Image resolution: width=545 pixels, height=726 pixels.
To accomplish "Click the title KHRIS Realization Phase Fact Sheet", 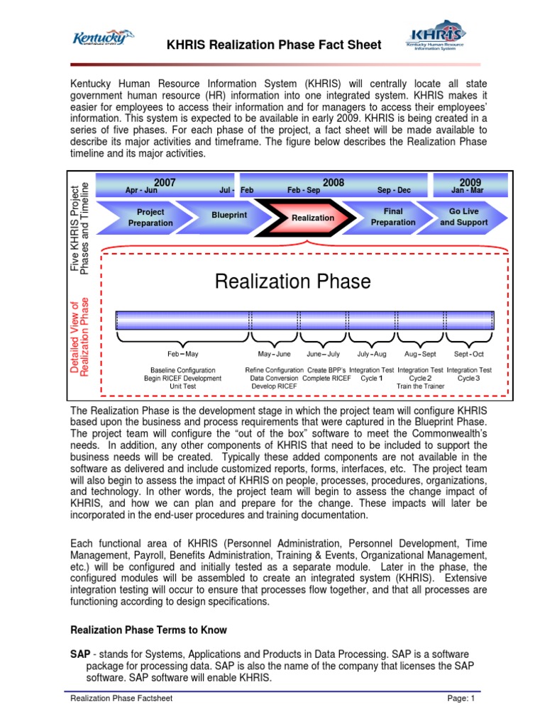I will (x=274, y=45).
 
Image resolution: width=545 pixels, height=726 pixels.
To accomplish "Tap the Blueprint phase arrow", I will (x=229, y=214).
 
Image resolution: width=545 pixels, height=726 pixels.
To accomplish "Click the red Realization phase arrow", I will (x=312, y=218).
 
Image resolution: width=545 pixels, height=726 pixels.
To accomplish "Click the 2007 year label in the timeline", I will (x=165, y=183).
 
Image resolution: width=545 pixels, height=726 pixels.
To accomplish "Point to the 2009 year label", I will (x=470, y=183).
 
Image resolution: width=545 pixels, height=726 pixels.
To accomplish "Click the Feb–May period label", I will (x=182, y=354).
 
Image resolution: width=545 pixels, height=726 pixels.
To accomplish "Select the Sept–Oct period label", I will (x=468, y=354).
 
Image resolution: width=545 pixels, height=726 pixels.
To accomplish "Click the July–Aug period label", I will (x=372, y=354).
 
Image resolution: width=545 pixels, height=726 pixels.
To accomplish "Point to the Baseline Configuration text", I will (x=183, y=370).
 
